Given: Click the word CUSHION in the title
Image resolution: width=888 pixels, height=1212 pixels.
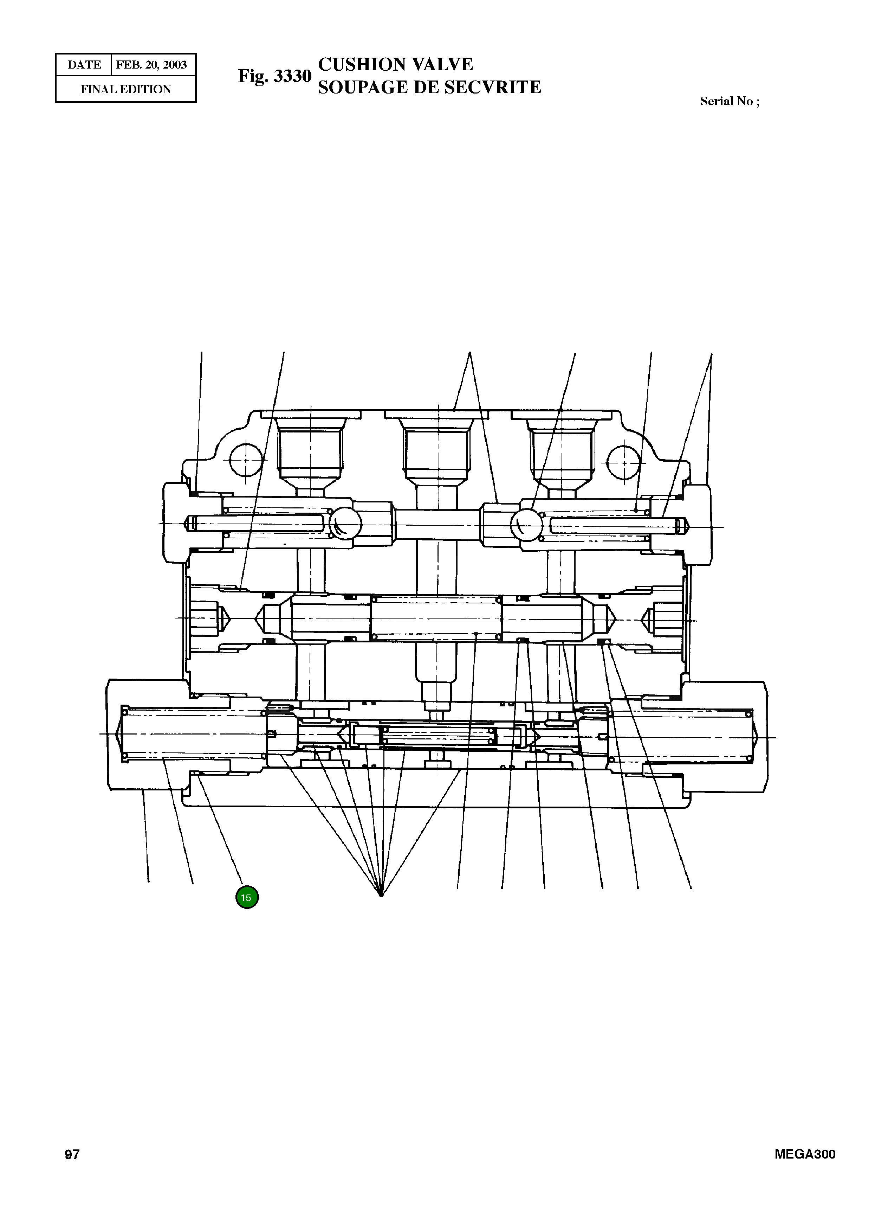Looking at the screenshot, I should pyautogui.click(x=362, y=65).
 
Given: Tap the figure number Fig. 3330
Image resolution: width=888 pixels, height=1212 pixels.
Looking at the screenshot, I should pyautogui.click(x=275, y=76).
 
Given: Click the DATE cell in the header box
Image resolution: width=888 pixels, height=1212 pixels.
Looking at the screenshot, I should pyautogui.click(x=84, y=65).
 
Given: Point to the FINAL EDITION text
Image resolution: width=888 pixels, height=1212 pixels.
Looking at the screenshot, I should pyautogui.click(x=126, y=89).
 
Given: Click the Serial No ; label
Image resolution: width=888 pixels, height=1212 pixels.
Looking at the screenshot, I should pyautogui.click(x=730, y=101).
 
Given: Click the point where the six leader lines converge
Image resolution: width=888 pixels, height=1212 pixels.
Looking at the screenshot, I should pyautogui.click(x=381, y=895).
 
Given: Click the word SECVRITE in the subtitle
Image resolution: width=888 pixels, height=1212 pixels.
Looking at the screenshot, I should pyautogui.click(x=494, y=87).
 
